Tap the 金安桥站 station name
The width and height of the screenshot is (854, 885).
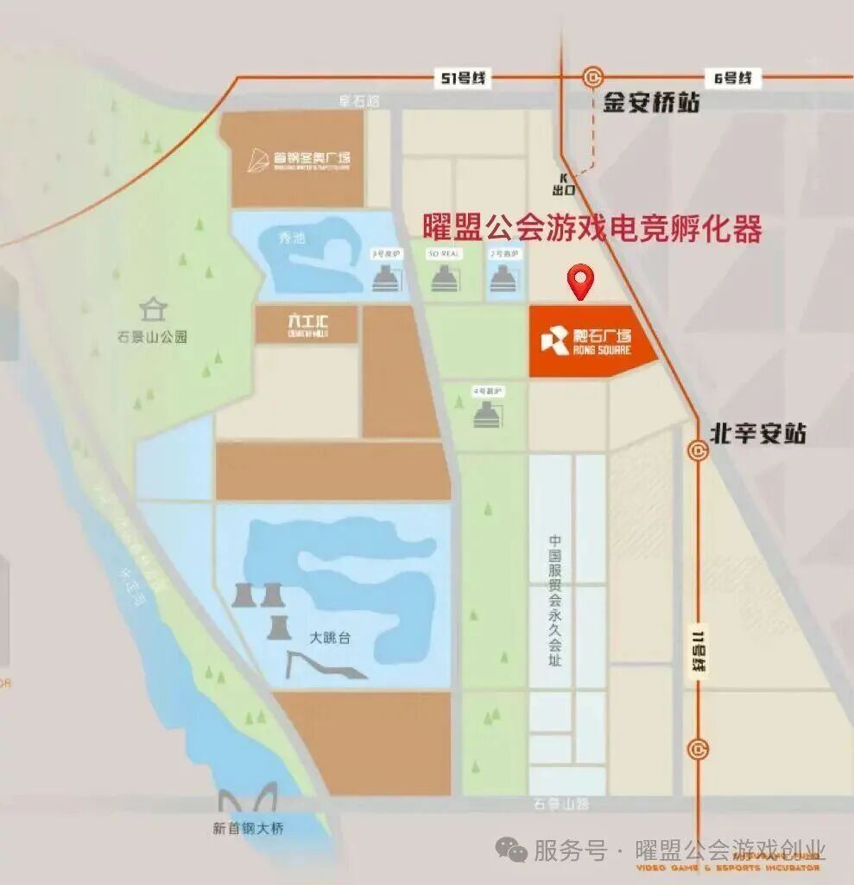[x=650, y=104]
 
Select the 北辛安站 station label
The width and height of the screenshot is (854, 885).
[x=758, y=433]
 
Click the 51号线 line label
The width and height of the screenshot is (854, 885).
[x=464, y=79]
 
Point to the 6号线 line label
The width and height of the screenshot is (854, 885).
[x=733, y=79]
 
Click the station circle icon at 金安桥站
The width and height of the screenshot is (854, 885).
[x=592, y=78]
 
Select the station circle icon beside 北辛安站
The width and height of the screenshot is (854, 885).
[x=698, y=449]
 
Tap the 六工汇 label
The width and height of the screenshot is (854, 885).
[x=308, y=324]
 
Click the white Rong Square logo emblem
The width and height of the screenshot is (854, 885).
[x=554, y=340]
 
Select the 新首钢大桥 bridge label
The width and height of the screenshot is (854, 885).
[x=248, y=829]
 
